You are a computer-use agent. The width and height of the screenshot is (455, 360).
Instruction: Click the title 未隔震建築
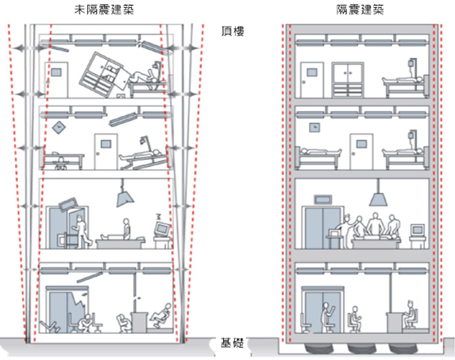104,10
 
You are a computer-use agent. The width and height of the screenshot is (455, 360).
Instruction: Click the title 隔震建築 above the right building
361,10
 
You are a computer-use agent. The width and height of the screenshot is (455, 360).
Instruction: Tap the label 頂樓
233,31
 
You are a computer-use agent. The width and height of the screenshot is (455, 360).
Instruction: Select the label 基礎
232,343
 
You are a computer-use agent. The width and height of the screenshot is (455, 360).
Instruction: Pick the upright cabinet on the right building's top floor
348,79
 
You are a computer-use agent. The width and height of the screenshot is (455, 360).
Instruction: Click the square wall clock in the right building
314,127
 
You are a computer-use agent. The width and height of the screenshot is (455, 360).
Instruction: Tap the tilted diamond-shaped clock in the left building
60,127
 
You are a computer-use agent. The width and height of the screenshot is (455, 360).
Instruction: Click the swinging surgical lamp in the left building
125,194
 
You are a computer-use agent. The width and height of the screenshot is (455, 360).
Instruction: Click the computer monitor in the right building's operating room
417,230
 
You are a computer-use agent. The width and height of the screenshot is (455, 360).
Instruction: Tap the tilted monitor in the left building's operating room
162,229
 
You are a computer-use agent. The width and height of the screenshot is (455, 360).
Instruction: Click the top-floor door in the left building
56,79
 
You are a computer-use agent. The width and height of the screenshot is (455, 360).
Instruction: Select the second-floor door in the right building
361,151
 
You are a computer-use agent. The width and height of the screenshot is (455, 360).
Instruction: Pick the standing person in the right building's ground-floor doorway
327,318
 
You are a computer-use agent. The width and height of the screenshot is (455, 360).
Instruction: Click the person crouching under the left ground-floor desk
123,323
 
